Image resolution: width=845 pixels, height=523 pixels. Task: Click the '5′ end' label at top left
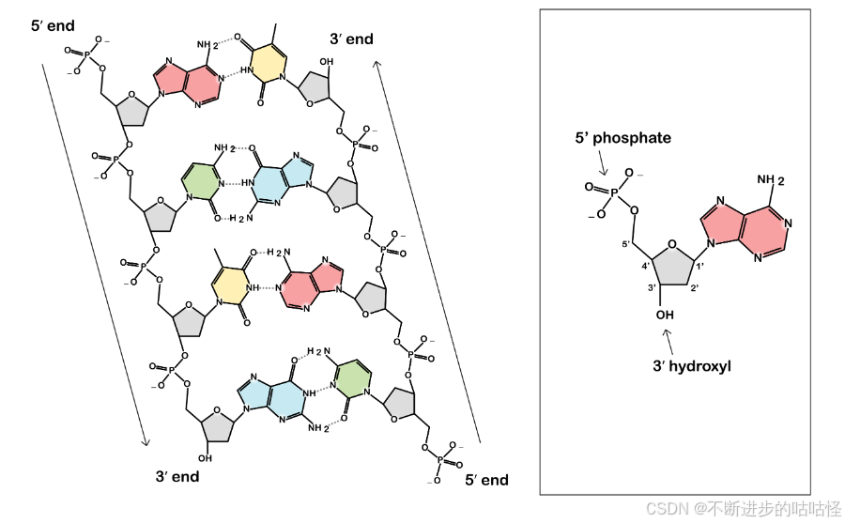click(x=54, y=25)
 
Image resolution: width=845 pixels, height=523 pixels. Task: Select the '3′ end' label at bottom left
click(x=177, y=476)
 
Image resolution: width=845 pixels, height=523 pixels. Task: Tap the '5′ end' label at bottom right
click(x=486, y=480)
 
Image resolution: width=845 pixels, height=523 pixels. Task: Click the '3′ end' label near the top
click(x=351, y=39)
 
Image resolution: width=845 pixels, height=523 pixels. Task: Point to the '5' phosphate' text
click(x=623, y=138)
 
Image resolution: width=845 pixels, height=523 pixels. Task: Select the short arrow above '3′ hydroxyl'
click(x=668, y=338)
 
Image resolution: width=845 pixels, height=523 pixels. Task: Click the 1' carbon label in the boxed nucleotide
click(x=699, y=267)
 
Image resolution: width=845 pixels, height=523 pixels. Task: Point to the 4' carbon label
click(x=646, y=267)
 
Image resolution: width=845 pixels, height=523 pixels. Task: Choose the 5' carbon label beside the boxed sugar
click(x=624, y=245)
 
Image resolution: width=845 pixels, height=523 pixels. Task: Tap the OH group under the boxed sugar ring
click(x=666, y=314)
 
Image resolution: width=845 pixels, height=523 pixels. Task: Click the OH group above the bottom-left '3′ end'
click(x=205, y=458)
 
